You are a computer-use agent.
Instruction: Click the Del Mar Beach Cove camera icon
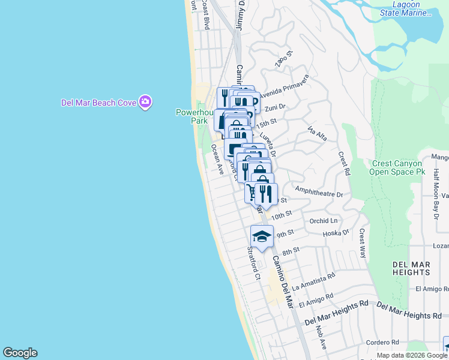point(145,103)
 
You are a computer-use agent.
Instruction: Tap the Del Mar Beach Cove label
point(98,103)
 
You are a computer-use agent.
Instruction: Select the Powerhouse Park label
point(191,116)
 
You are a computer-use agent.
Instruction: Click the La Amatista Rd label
point(313,283)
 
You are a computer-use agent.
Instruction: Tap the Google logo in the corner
point(20,353)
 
